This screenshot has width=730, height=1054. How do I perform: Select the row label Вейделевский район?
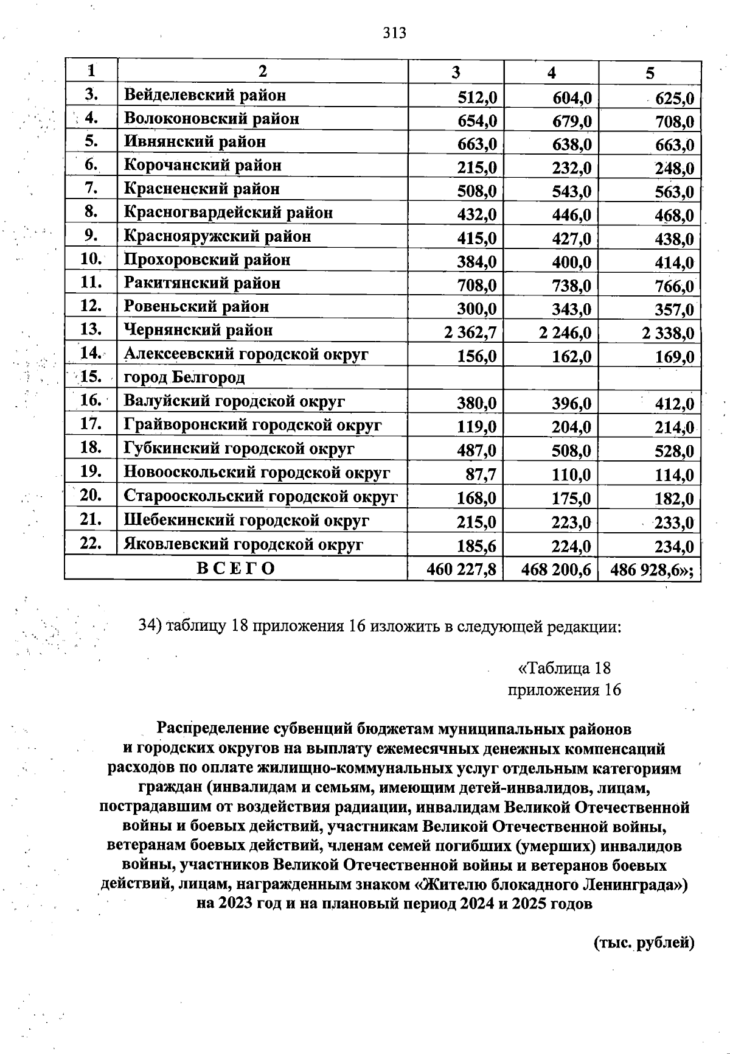pos(204,95)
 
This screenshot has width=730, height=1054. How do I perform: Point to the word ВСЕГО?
pos(236,569)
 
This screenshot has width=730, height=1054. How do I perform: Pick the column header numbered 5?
pos(650,72)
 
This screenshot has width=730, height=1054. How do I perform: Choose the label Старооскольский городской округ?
pos(260,496)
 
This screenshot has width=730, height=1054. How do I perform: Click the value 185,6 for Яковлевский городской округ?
pos(477,546)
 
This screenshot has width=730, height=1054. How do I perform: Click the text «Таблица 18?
pos(563,668)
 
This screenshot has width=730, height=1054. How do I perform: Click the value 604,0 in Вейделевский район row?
pos(572,97)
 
